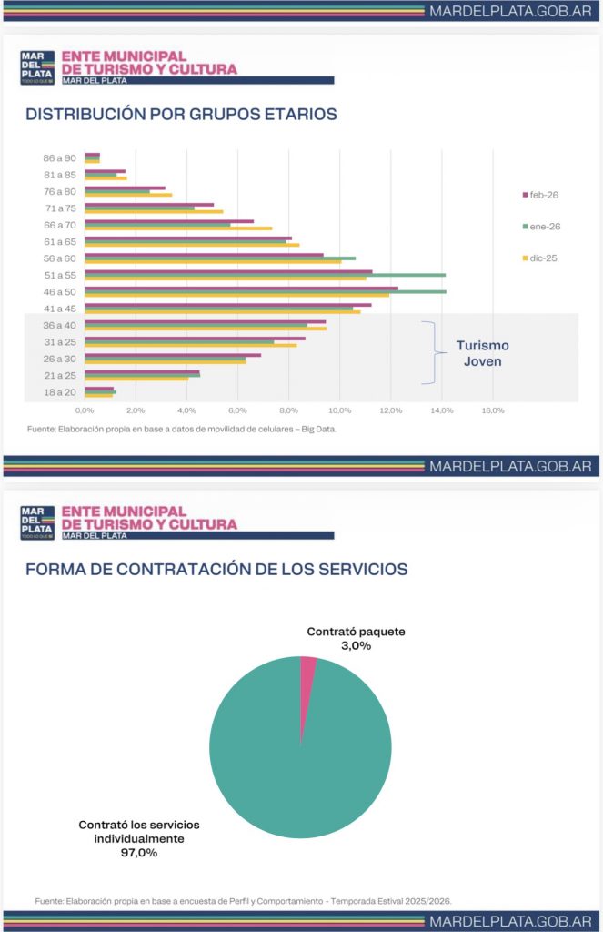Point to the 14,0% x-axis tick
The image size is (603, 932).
click(x=442, y=411)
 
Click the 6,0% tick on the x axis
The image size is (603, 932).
click(x=237, y=411)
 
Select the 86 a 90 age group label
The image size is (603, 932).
click(x=60, y=157)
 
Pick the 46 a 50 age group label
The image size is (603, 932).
click(x=60, y=292)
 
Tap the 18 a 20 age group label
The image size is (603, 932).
click(x=60, y=392)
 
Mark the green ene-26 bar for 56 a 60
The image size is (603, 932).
click(x=227, y=258)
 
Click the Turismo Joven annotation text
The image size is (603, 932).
click(x=482, y=353)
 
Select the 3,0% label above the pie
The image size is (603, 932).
click(x=356, y=645)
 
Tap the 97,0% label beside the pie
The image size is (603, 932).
click(x=138, y=854)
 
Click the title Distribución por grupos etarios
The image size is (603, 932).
click(x=181, y=115)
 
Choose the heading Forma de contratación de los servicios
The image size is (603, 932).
click(x=216, y=570)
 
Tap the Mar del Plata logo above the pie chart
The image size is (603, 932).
click(x=37, y=522)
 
